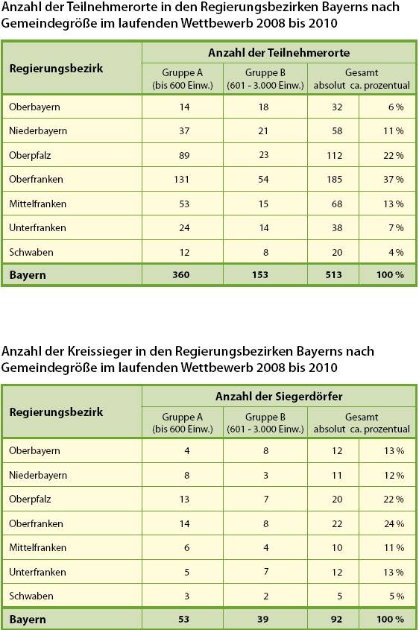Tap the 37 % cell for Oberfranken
394,180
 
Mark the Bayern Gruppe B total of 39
263,620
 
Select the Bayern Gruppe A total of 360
180,275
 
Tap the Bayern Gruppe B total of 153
263,275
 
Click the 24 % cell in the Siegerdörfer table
394,524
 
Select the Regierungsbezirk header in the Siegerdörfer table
56,412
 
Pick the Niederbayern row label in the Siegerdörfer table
38,476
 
